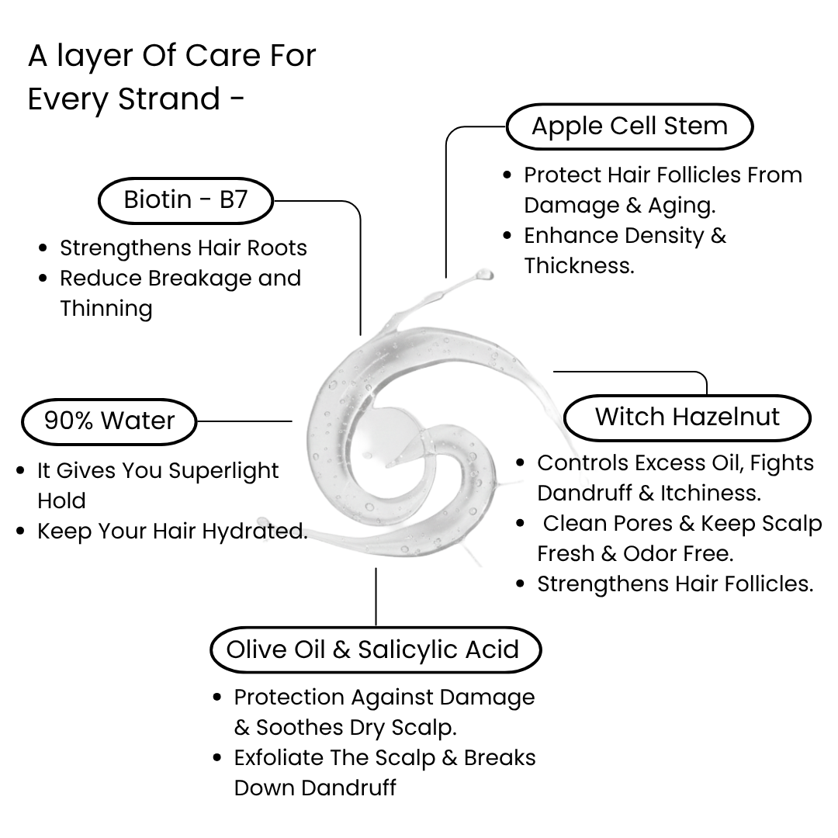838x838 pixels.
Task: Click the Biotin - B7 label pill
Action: click(x=185, y=200)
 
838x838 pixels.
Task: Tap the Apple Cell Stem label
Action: click(x=629, y=126)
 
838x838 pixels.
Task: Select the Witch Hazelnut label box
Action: click(x=687, y=417)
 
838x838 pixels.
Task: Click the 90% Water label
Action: click(x=109, y=421)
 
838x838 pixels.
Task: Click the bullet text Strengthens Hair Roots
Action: click(x=183, y=248)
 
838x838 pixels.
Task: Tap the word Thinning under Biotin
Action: click(x=106, y=309)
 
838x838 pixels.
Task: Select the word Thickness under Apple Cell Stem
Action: click(x=579, y=266)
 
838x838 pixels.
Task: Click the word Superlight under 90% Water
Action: click(x=223, y=471)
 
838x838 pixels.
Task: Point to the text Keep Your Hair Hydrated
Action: click(x=172, y=532)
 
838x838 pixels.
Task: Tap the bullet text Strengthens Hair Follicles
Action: click(x=675, y=584)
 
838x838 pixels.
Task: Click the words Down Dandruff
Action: click(x=315, y=788)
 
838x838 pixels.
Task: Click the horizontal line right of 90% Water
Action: click(x=244, y=421)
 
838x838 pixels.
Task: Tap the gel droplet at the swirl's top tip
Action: click(x=484, y=275)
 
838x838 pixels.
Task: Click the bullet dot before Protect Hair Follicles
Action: click(x=507, y=175)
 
